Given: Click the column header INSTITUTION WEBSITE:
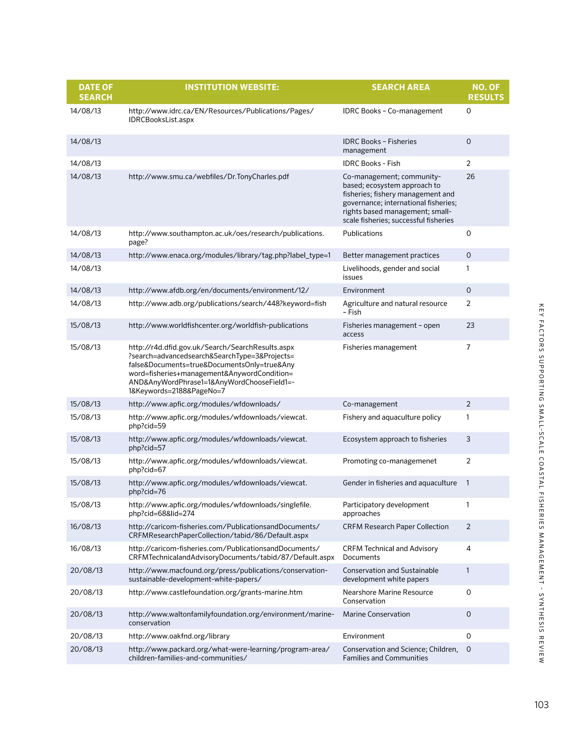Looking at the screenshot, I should (x=232, y=87).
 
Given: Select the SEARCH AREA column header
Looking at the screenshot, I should (x=400, y=87).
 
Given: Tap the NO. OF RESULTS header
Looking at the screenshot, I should (x=485, y=92).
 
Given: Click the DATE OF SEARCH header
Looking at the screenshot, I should (x=95, y=92).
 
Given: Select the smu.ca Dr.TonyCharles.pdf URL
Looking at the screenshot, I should (x=209, y=177).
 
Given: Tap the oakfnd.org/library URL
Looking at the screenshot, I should (x=179, y=636).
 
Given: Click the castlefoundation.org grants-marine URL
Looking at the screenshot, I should (x=215, y=592).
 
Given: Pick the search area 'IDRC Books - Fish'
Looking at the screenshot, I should (x=371, y=163).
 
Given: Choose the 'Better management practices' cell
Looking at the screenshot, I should (x=391, y=255).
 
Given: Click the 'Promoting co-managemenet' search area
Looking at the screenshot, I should (x=389, y=461).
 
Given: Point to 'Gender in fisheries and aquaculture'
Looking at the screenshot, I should (x=400, y=483).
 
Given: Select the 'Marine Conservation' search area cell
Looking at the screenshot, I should (x=376, y=614).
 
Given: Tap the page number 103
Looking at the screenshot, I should (x=541, y=705).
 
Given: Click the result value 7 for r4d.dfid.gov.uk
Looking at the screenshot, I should (x=468, y=347).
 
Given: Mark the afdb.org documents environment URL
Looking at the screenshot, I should (x=218, y=290).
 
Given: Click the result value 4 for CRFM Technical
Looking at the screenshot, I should (x=468, y=548).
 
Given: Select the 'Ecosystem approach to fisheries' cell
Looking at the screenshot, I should (x=394, y=439).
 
